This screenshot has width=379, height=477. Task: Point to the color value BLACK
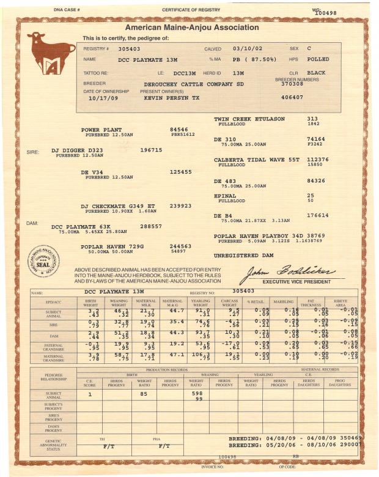tap(316, 72)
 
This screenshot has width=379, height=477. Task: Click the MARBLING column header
tap(283, 302)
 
